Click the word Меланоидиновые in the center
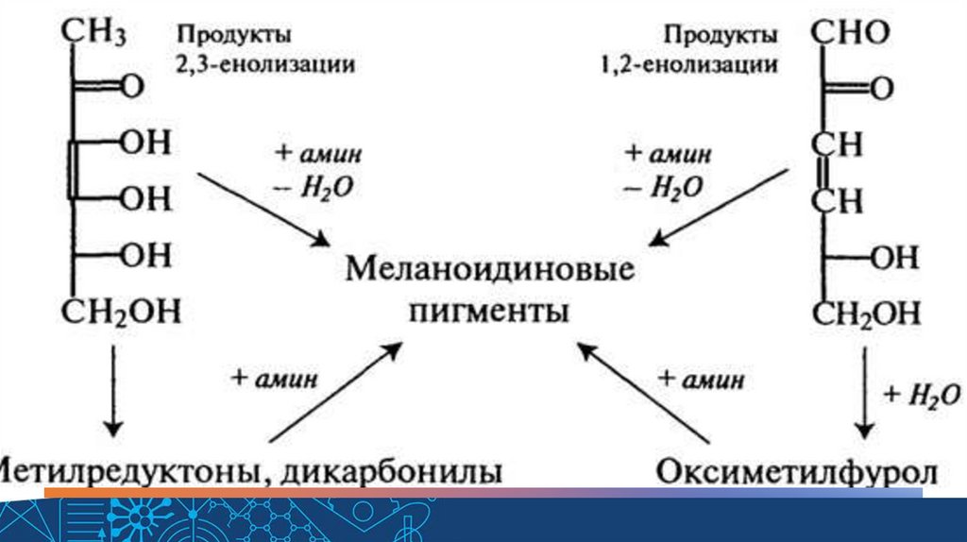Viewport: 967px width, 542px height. tap(488, 271)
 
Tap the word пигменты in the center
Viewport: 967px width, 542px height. tap(489, 311)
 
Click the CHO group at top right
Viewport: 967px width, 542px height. tap(850, 35)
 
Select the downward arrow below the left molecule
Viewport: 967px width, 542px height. tap(112, 390)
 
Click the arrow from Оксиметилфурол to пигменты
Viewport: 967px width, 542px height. tap(641, 392)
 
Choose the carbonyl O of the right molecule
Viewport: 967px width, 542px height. tap(881, 90)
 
